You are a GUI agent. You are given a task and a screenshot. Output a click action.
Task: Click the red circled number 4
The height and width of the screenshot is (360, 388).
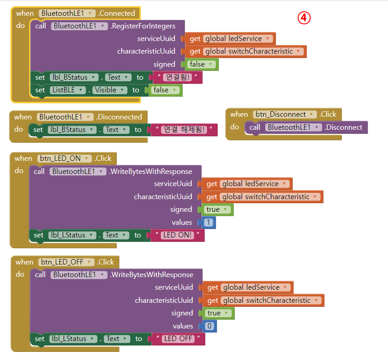coord(304,18)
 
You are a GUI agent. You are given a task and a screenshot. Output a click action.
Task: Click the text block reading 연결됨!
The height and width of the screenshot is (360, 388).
coord(177,77)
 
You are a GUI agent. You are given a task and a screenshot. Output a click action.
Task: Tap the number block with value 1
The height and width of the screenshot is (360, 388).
coord(209,223)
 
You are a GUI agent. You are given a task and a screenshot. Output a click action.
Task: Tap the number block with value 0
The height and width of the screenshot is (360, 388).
coord(210,326)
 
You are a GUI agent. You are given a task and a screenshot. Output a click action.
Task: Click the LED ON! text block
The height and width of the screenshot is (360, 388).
coord(177,235)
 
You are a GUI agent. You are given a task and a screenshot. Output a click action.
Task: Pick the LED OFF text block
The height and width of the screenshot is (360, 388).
coord(178,339)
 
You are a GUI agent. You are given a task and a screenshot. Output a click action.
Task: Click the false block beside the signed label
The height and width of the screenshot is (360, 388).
coord(202,64)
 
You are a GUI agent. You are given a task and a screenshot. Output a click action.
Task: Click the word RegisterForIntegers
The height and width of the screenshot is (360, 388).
coord(143,26)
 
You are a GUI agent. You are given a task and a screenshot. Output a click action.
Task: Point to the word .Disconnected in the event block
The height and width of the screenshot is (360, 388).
coord(119,117)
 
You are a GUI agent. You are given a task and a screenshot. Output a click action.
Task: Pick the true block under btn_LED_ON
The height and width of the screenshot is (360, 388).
coord(218,210)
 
